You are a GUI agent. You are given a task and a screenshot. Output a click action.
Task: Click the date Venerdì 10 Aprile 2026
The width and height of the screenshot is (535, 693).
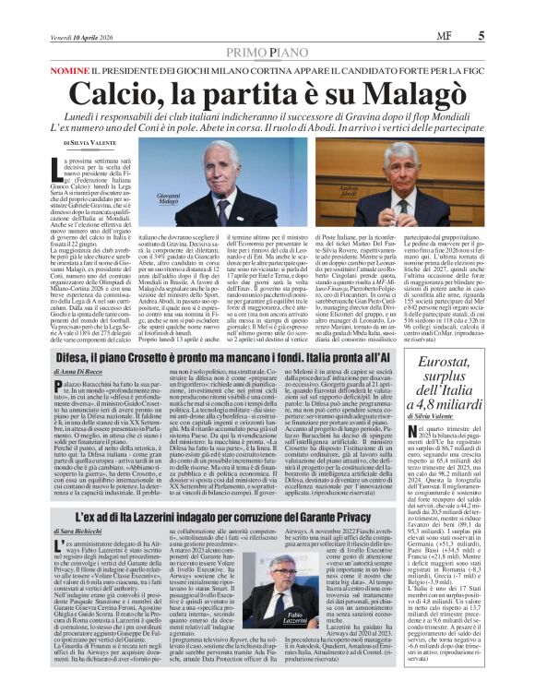83,11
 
